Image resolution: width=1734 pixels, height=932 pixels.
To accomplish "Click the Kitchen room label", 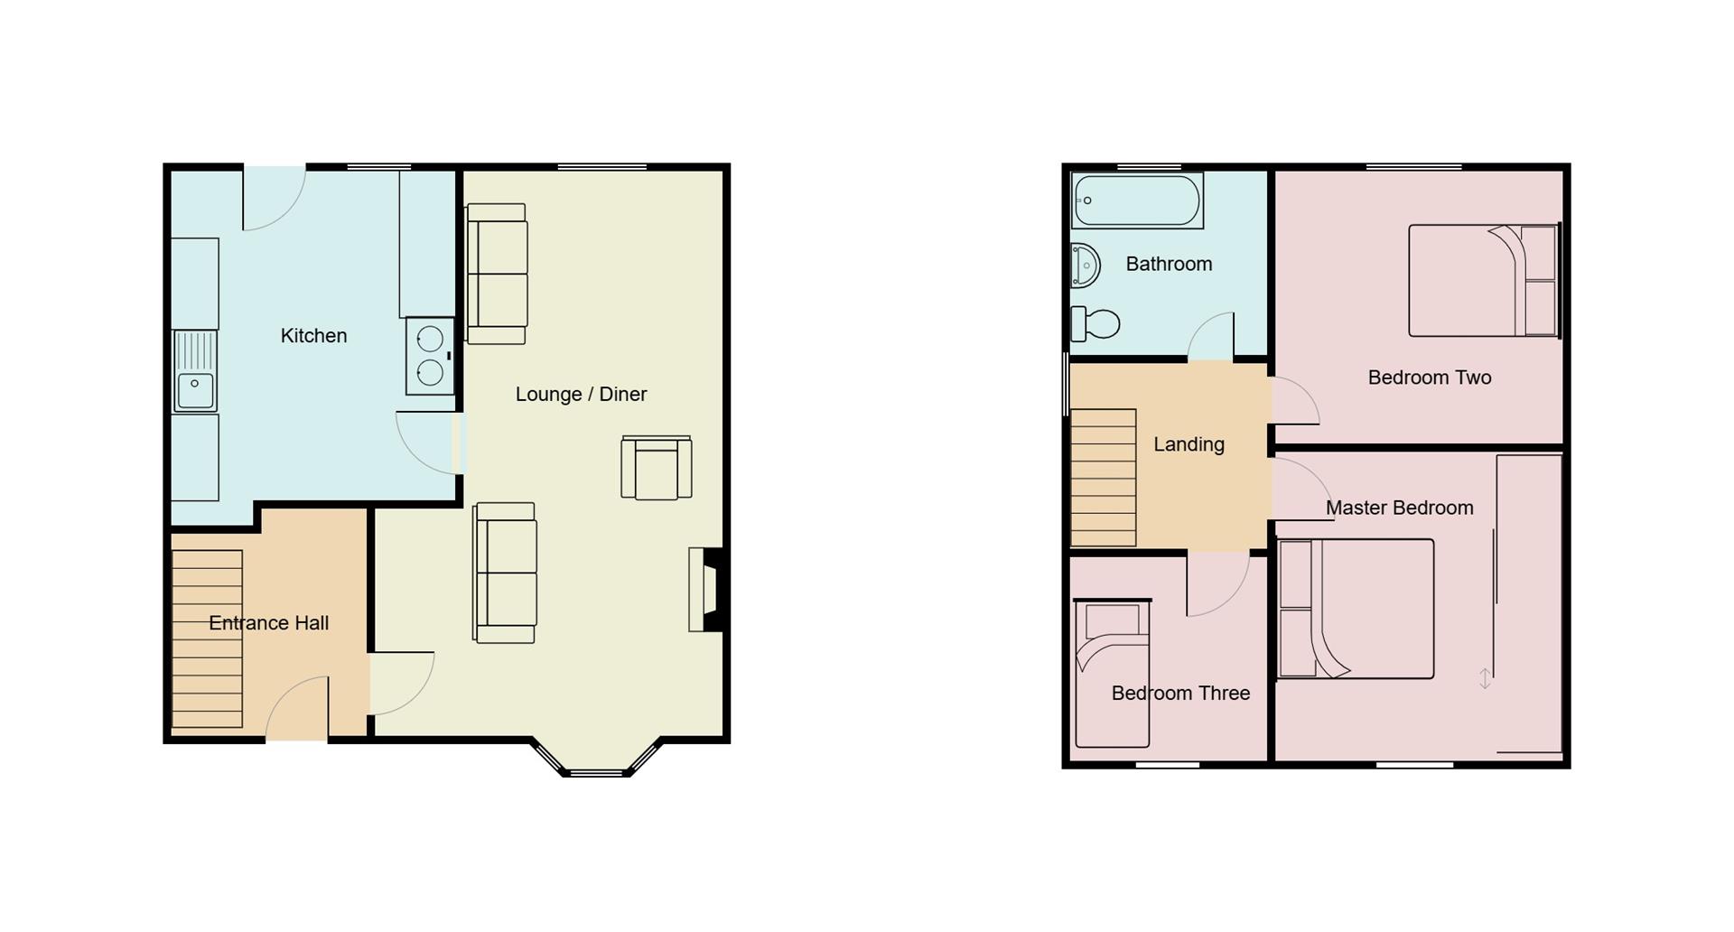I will point(313,336).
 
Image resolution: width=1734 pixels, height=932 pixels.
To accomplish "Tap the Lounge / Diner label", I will point(581,395).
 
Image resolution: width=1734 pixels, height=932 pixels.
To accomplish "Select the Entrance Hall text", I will point(268,623).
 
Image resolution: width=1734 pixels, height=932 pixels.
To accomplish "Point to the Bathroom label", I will point(1169,265).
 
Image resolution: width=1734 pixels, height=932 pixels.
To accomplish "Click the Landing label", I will point(1189,444).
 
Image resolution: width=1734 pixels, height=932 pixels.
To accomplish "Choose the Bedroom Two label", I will point(1429,377).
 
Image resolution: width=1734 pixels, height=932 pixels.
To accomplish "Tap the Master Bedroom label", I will point(1399,508).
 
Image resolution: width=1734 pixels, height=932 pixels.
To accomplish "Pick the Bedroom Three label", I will point(1180,694).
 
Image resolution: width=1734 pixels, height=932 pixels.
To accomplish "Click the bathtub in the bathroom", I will point(1138,200).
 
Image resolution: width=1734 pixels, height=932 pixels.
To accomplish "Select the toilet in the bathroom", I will point(1095,323).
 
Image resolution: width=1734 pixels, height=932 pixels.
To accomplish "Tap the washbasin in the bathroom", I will point(1085,266).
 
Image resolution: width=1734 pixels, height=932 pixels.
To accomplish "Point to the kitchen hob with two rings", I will point(430,356).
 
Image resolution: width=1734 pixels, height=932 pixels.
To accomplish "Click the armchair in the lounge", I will point(657,468).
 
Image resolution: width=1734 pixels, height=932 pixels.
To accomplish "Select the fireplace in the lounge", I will point(706,590).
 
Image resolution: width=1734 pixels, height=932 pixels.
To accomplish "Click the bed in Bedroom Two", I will point(1483,281).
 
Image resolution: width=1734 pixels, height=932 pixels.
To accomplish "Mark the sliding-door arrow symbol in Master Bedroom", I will point(1485,678).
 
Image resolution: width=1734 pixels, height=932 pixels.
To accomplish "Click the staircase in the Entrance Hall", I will point(207,638).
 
